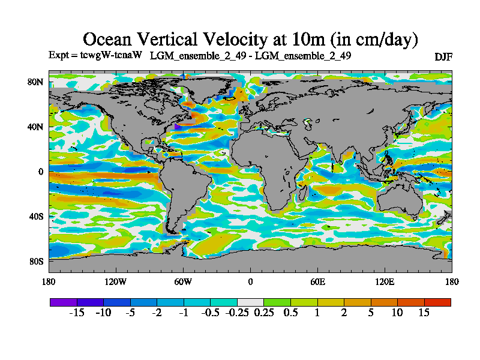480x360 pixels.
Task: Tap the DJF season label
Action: (443, 56)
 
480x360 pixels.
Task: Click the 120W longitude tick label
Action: (116, 281)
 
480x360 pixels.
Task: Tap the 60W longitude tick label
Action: (183, 281)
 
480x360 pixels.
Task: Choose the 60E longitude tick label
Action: (317, 281)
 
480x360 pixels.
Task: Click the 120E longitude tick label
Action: (385, 281)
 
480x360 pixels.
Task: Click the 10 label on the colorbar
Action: (397, 313)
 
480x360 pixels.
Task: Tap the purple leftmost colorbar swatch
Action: (63, 302)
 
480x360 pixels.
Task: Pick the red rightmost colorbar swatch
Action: (437, 302)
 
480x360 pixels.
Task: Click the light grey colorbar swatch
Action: (250, 302)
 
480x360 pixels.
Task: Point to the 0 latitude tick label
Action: (41, 172)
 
